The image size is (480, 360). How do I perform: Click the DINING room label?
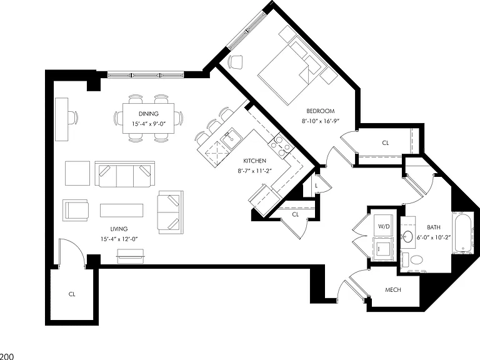coord(149,114)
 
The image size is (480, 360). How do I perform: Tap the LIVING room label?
coord(119,229)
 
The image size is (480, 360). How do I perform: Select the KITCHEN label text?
coord(255,161)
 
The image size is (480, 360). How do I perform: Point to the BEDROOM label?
coord(321,111)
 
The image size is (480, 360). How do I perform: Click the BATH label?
coord(434,227)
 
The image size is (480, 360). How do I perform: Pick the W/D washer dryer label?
coord(384,226)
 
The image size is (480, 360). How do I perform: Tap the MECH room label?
coord(393,289)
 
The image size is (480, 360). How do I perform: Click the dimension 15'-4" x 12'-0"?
coord(119,239)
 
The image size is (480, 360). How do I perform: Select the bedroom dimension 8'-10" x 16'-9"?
coord(321,121)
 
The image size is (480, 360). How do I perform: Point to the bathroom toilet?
coord(412,260)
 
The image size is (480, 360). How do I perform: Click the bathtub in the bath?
coord(462,232)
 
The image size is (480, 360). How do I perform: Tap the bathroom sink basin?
coord(407,237)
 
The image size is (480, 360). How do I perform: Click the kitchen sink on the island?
coord(231,139)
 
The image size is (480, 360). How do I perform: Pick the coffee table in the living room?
coord(121,210)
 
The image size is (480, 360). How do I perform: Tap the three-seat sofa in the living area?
coord(125,174)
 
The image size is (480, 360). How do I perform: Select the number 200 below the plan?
coord(7,356)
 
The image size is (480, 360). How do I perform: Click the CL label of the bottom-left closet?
coord(72,294)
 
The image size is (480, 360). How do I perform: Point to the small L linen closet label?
coord(316,186)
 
